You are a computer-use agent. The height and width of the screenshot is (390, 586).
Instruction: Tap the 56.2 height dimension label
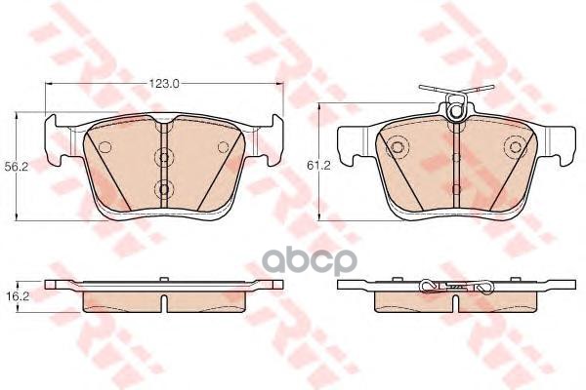click(15, 166)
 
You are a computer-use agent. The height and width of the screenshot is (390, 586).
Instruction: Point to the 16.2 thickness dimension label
click(14, 290)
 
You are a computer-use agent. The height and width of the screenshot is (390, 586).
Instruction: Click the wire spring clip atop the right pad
click(452, 94)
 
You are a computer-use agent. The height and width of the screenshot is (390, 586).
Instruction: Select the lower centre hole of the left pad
click(162, 187)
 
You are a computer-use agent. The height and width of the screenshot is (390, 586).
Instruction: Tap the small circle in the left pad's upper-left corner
click(103, 147)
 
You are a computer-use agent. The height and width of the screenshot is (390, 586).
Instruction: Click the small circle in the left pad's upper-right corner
click(223, 147)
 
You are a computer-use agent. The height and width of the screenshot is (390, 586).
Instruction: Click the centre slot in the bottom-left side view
click(162, 290)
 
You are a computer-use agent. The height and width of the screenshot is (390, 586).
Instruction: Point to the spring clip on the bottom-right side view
click(454, 287)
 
